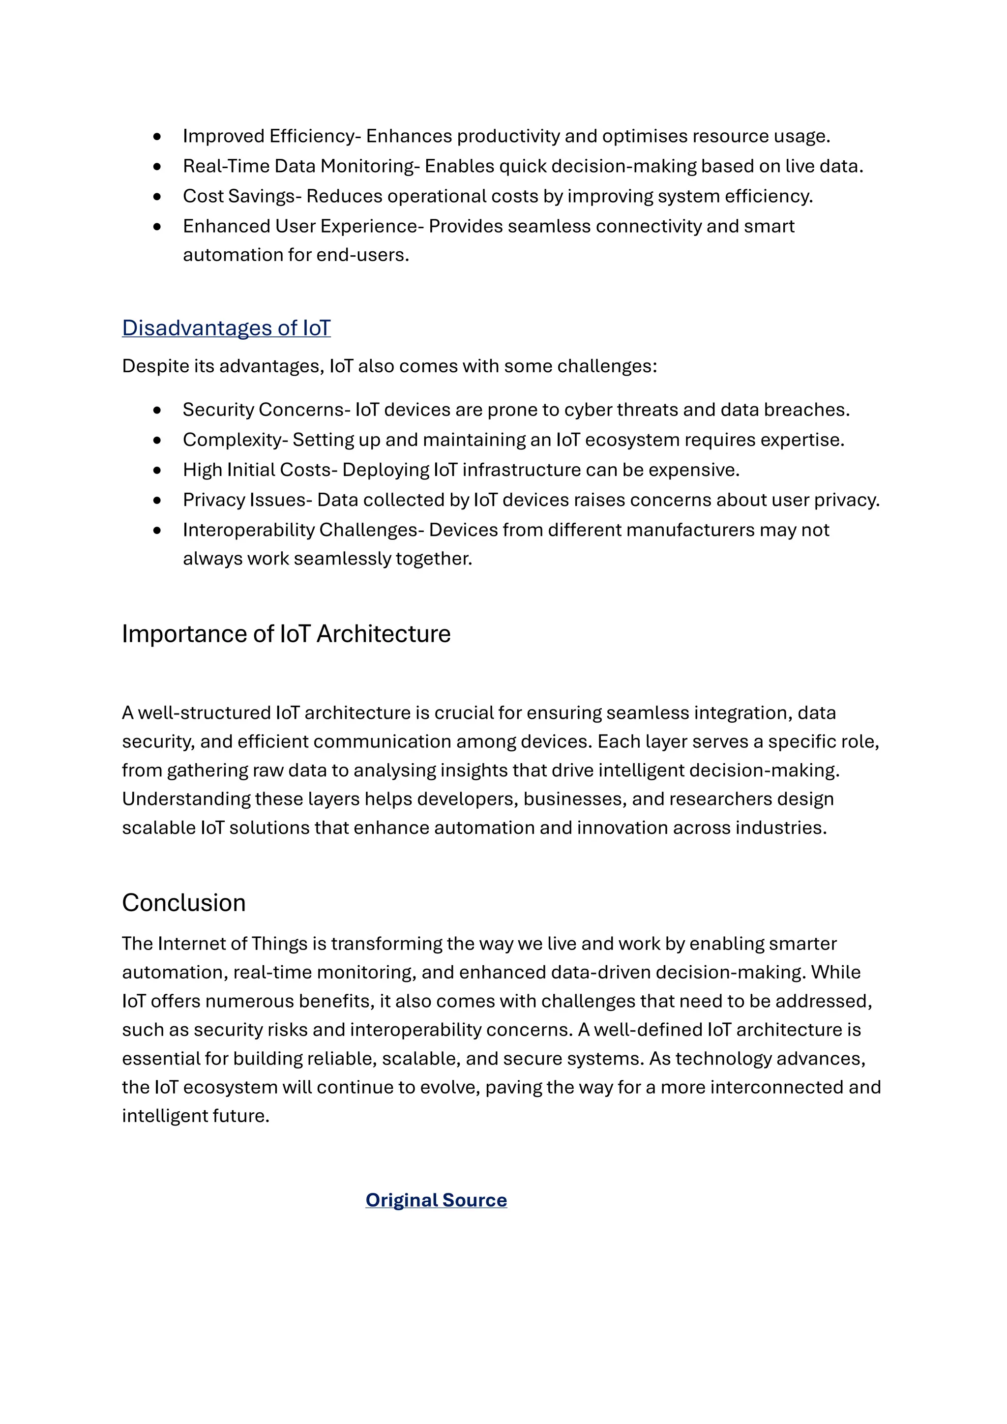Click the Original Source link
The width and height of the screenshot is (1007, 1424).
[436, 1200]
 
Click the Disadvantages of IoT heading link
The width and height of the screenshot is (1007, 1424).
[226, 327]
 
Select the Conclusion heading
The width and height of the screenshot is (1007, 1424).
[183, 903]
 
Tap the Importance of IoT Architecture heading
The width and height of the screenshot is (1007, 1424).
[286, 634]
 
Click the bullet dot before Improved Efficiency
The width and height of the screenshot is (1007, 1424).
[157, 136]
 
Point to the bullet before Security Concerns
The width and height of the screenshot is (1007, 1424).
[157, 410]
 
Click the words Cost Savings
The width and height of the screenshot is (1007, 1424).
[239, 196]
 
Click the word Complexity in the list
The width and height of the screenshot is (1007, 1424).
[233, 440]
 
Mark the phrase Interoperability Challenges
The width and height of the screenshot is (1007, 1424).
[303, 530]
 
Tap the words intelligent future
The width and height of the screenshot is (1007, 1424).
[195, 1116]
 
